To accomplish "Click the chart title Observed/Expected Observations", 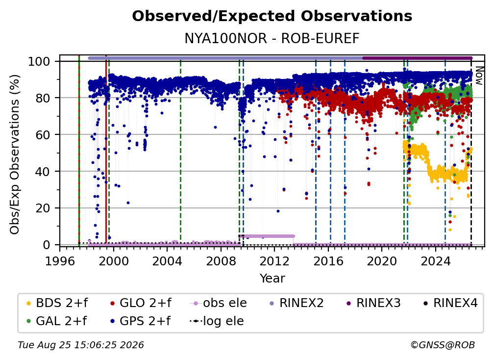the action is (272, 16).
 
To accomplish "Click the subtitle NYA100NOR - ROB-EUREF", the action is (272, 38).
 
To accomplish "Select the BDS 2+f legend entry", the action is (57, 303).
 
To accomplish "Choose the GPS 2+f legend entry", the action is (141, 321).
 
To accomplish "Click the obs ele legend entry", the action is (219, 303).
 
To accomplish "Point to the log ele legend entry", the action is (217, 321).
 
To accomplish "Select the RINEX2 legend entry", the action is (296, 303).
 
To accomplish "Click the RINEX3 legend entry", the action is (373, 303).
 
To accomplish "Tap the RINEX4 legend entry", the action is (450, 303).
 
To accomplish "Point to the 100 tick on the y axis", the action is (39, 61).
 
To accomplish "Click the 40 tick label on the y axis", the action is (43, 172).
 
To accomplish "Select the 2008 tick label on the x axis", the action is (221, 261).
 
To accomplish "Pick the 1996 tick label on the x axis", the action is (60, 261).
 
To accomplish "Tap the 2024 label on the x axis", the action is (435, 261).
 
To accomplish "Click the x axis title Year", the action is (272, 279).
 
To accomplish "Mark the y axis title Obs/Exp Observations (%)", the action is (15, 154).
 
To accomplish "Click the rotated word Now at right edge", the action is (479, 76).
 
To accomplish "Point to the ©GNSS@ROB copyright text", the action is (443, 345).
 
